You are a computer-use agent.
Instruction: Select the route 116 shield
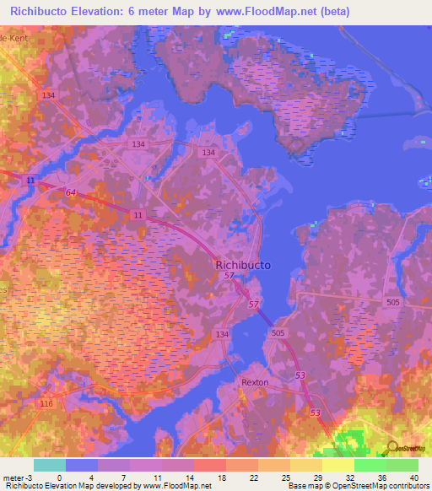tap(46, 405)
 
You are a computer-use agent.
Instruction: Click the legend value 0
tap(59, 477)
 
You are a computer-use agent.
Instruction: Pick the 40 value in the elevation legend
tap(413, 477)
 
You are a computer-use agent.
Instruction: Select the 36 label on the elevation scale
tap(381, 477)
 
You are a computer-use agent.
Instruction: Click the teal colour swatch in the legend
tap(49, 465)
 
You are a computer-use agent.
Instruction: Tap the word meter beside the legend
tap(13, 477)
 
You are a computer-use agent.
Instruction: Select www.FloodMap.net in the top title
tap(257, 12)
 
